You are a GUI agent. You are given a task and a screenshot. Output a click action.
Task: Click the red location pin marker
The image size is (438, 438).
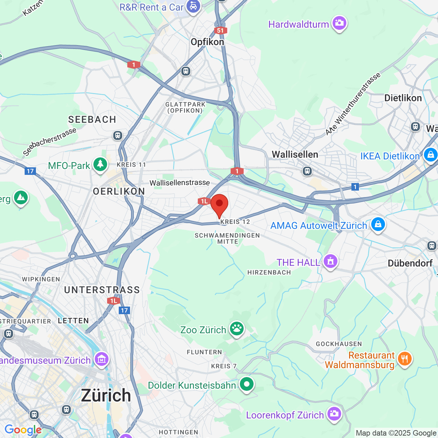click(x=219, y=204)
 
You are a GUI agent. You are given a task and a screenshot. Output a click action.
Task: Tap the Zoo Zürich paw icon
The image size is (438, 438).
click(x=237, y=329)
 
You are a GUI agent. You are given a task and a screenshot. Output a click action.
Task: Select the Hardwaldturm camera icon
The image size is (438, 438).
click(x=339, y=23)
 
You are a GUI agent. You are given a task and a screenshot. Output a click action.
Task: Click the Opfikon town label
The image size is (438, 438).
click(x=207, y=42)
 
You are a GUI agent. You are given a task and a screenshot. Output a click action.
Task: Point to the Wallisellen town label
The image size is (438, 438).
click(x=295, y=155)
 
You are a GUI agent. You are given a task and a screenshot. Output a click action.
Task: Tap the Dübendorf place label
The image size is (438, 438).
click(x=410, y=263)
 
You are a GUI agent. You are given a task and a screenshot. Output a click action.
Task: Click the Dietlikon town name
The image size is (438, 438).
click(x=403, y=98)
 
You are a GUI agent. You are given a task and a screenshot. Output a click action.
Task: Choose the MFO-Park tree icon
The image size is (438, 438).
click(x=100, y=165)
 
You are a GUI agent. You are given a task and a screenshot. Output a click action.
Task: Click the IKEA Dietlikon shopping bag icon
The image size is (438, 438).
click(x=430, y=155)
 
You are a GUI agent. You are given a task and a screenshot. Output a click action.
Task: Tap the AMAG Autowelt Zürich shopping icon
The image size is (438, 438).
click(x=378, y=224)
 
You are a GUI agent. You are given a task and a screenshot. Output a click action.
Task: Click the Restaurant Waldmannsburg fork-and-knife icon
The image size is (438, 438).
click(x=405, y=359)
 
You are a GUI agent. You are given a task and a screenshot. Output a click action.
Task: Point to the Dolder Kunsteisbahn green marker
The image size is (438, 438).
click(x=247, y=384)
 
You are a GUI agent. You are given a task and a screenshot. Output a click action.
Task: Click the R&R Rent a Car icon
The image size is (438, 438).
click(x=193, y=7)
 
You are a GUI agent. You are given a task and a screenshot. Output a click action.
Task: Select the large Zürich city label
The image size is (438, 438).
click(x=106, y=396)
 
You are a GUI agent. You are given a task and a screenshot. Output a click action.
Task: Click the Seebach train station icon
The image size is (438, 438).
click(x=118, y=136)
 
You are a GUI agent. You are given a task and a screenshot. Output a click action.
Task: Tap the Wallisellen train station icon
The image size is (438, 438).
click(x=307, y=171)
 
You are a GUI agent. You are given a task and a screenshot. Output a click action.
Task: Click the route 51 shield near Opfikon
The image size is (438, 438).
click(x=220, y=30)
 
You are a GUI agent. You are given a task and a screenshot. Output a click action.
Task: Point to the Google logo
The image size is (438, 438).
click(x=23, y=430)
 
